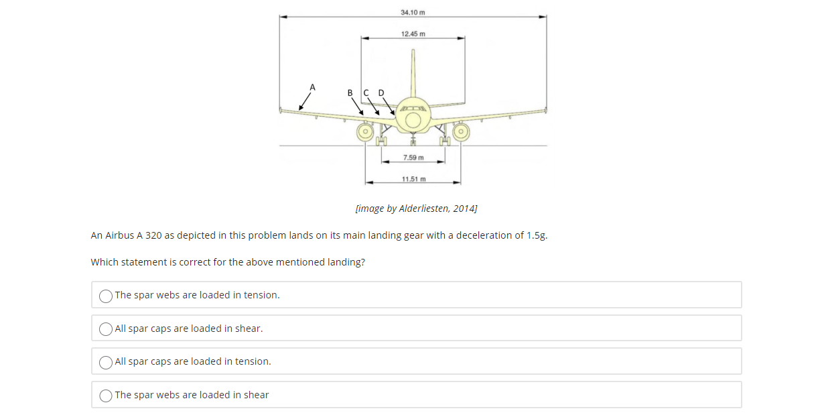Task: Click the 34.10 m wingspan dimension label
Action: pyautogui.click(x=413, y=12)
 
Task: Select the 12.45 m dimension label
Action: pyautogui.click(x=413, y=34)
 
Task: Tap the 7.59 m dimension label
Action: pyautogui.click(x=413, y=158)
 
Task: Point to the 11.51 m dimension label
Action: pyautogui.click(x=413, y=179)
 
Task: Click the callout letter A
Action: pyautogui.click(x=312, y=86)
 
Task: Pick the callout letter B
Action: pyautogui.click(x=350, y=93)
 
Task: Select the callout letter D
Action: pyautogui.click(x=382, y=93)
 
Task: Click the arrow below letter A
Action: pyautogui.click(x=305, y=101)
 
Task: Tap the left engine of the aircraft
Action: pyautogui.click(x=365, y=131)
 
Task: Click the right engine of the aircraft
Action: pyautogui.click(x=461, y=131)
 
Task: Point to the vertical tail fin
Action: pyautogui.click(x=413, y=74)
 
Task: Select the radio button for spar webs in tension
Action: pyautogui.click(x=106, y=296)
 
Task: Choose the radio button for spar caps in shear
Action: pyautogui.click(x=106, y=329)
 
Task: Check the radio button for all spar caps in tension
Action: pyautogui.click(x=106, y=362)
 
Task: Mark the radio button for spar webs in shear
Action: pyautogui.click(x=106, y=396)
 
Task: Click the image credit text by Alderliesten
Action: pyautogui.click(x=416, y=209)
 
